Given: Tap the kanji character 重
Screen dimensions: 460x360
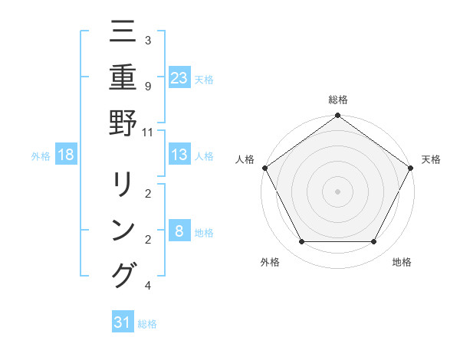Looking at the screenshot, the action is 123,77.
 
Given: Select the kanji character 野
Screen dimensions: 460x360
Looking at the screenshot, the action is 123,122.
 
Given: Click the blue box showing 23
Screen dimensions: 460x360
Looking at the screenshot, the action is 179,77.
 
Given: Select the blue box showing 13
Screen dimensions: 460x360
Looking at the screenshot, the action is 179,155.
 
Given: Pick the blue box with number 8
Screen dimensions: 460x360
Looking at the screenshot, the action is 179,231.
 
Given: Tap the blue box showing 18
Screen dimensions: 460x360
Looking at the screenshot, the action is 66,155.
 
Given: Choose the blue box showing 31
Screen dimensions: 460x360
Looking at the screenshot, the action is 123,322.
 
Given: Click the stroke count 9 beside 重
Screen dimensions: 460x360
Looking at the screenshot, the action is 147,86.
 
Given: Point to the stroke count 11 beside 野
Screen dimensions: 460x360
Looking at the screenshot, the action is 147,131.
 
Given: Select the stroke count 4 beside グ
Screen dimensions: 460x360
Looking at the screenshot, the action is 147,286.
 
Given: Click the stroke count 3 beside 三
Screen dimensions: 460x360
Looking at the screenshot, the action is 147,40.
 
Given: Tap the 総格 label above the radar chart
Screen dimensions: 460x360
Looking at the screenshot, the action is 337,100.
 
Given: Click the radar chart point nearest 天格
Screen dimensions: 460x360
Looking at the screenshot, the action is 411,168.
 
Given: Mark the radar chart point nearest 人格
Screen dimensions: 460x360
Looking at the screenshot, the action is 264,168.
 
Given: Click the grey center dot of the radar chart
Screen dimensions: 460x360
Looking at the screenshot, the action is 337,191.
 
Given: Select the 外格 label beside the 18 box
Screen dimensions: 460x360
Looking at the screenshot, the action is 41,155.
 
